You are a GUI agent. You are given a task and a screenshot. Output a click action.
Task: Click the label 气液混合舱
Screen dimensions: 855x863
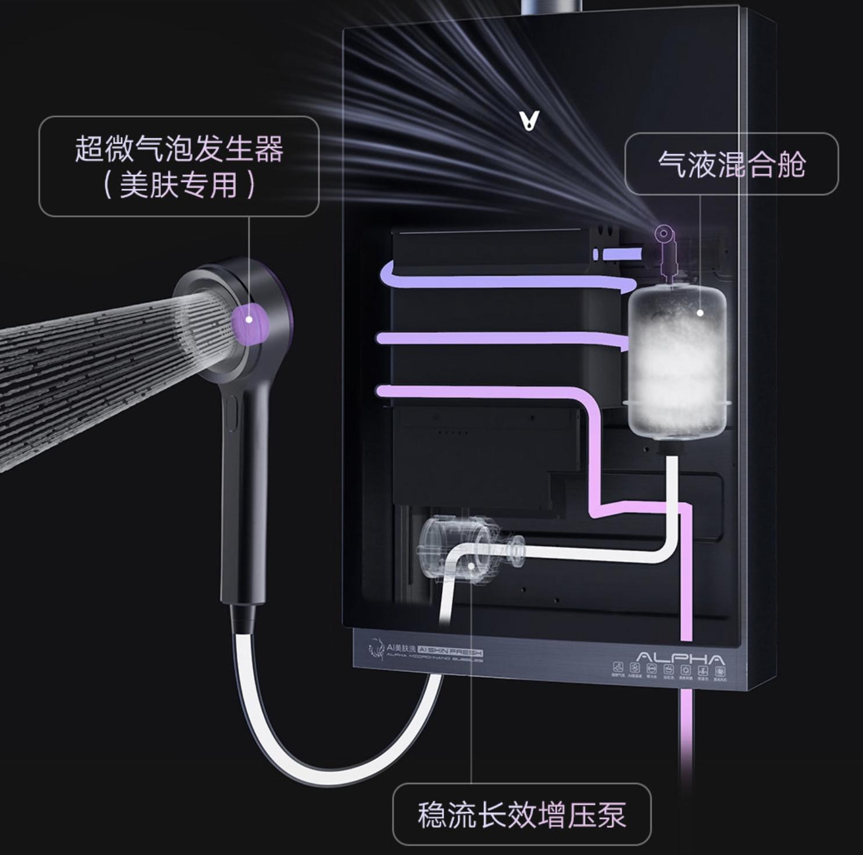pyautogui.click(x=731, y=163)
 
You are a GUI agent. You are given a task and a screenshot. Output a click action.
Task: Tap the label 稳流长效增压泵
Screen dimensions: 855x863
pyautogui.click(x=521, y=814)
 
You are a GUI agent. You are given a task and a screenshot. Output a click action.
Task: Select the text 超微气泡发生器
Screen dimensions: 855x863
pyautogui.click(x=179, y=148)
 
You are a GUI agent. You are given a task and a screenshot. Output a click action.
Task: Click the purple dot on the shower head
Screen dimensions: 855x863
pyautogui.click(x=249, y=319)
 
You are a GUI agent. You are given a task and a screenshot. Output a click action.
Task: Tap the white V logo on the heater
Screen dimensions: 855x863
pyautogui.click(x=529, y=120)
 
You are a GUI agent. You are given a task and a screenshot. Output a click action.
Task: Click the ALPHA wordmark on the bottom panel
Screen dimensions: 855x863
pyautogui.click(x=681, y=659)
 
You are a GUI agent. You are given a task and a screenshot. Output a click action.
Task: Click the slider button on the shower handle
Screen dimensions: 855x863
pyautogui.click(x=231, y=414)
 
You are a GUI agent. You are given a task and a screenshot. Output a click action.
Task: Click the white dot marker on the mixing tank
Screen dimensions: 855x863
pyautogui.click(x=700, y=312)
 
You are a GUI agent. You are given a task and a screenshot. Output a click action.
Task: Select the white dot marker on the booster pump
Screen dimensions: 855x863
pyautogui.click(x=470, y=565)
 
